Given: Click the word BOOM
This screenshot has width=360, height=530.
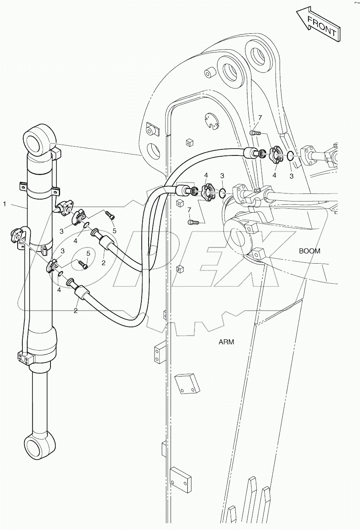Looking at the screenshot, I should click(x=310, y=251).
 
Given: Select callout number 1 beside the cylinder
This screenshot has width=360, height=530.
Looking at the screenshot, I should click(x=5, y=204).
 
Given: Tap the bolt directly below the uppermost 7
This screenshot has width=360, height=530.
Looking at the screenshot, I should click(x=255, y=133).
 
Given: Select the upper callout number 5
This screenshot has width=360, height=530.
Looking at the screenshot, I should click(x=114, y=230).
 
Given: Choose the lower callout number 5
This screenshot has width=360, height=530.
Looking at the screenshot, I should click(x=88, y=253).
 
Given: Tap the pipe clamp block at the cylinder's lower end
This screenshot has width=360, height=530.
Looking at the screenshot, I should click(x=23, y=358).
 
